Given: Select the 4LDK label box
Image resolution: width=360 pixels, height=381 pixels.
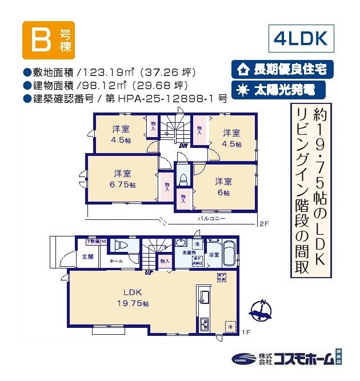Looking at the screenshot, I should pyautogui.click(x=301, y=39).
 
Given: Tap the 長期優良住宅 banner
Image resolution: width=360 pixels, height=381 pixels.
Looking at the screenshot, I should pyautogui.click(x=282, y=70).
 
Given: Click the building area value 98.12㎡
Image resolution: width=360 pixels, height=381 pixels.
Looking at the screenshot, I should pyautogui.click(x=101, y=85).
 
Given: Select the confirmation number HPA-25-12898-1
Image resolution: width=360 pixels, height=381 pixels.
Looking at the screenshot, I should pyautogui.click(x=166, y=98).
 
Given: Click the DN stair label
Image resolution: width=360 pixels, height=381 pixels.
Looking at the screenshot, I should pyautogui.click(x=183, y=146).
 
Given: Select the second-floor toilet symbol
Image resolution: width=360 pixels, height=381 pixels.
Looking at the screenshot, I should pyautogui.click(x=183, y=177).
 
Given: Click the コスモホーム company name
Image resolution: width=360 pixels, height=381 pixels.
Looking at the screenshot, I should pyautogui.click(x=303, y=359).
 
